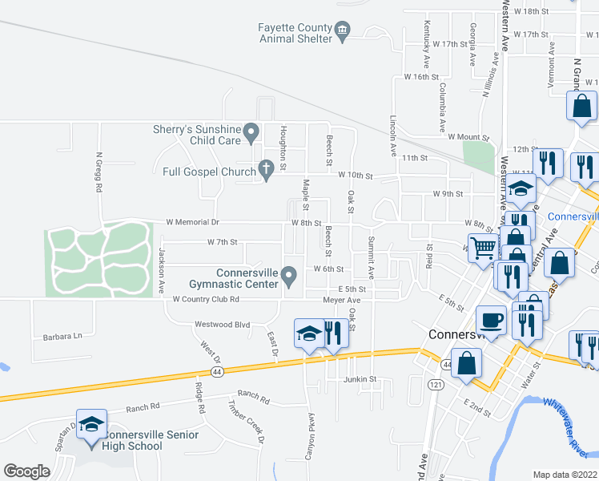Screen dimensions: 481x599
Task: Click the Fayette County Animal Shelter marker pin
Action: point(343,32)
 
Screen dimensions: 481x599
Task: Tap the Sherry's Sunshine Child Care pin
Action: point(251,130)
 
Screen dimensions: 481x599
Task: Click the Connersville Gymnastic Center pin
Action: point(291,277)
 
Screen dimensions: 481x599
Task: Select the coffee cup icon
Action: point(492,321)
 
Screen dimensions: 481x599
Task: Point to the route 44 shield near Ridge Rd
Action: point(217,372)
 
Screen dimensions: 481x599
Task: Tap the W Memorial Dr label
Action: point(192,222)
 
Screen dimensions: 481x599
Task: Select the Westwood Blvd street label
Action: point(223,325)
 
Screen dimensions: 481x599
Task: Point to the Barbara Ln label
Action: point(63,337)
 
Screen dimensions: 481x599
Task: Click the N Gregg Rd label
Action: point(99,172)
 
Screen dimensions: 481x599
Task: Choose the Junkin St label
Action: point(360,379)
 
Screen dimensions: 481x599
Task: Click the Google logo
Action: point(26,471)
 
